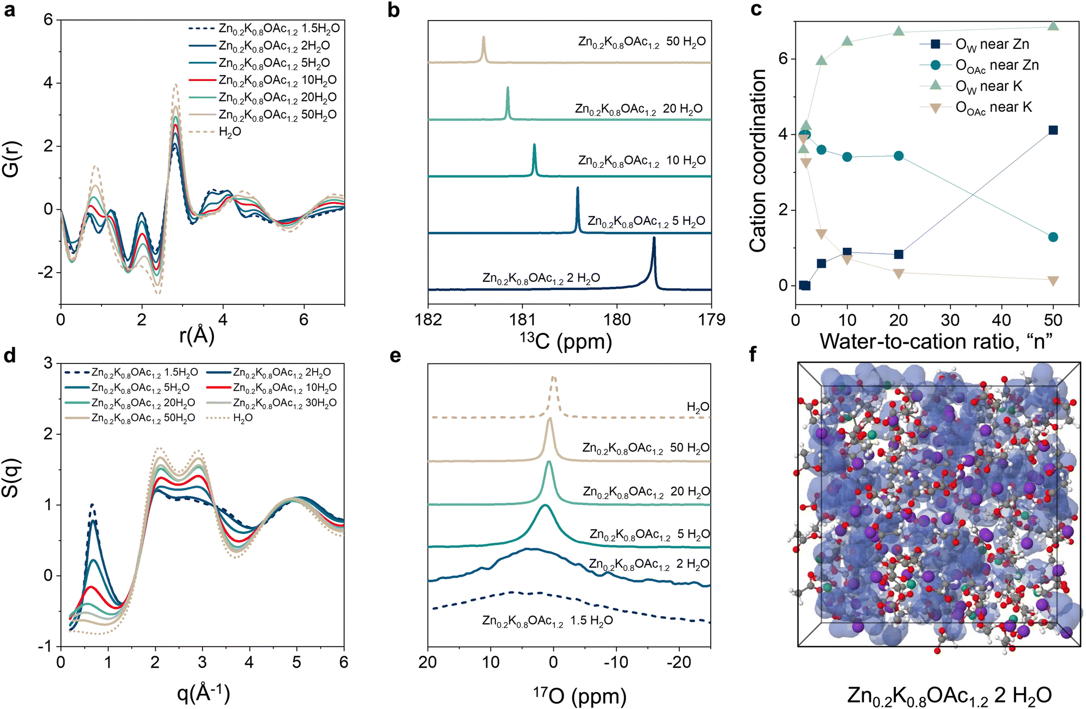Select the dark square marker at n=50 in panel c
[x=1053, y=130]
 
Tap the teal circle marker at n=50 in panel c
[x=1053, y=237]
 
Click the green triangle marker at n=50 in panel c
[x=1053, y=26]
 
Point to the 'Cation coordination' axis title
[x=758, y=160]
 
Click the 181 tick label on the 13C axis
[x=522, y=319]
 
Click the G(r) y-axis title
[x=12, y=159]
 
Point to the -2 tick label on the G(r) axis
[x=46, y=272]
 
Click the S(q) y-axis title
[x=12, y=478]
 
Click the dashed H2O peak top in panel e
[x=553, y=377]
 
